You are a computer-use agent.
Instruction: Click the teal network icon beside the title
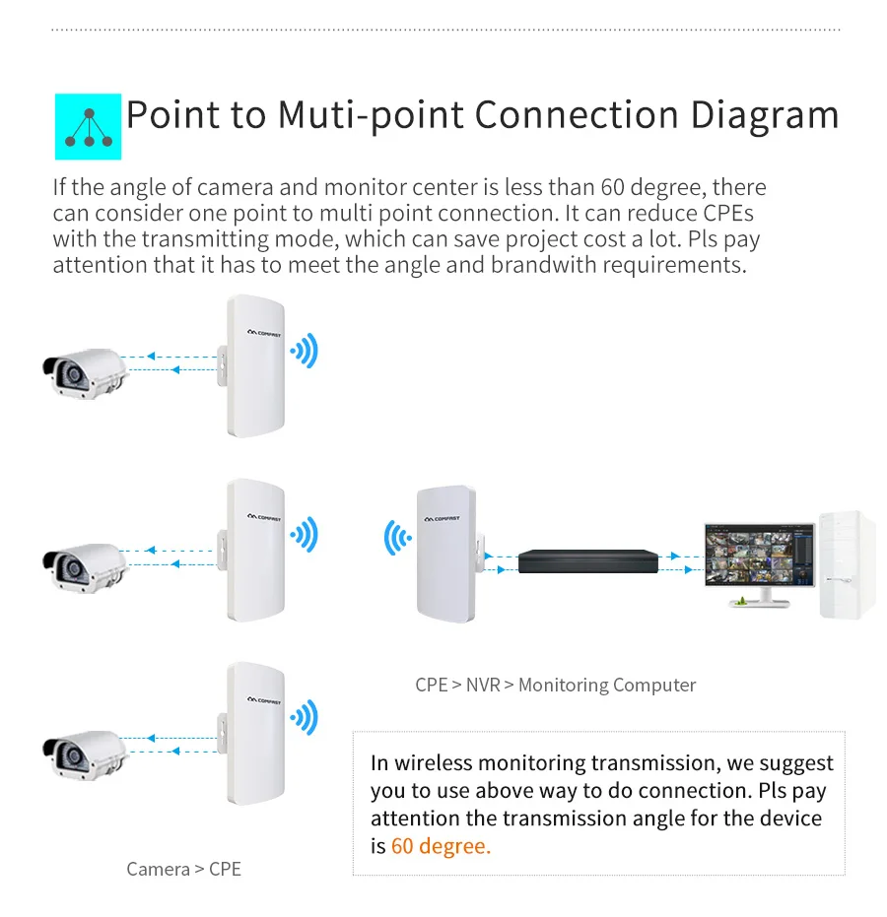(x=87, y=127)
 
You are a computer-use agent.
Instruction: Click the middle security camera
(x=86, y=566)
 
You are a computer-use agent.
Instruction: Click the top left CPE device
(x=253, y=365)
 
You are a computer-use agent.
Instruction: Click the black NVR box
(x=587, y=562)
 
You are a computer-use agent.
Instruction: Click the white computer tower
(x=846, y=564)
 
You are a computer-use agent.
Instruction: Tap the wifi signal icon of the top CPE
(x=306, y=351)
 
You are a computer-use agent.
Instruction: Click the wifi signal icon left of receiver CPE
(x=397, y=539)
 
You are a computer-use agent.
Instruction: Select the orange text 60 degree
(x=441, y=846)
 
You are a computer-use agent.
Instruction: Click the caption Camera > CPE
(x=183, y=869)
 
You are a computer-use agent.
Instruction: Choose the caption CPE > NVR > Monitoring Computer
(x=555, y=685)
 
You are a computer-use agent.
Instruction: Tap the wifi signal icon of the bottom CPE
(x=306, y=718)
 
